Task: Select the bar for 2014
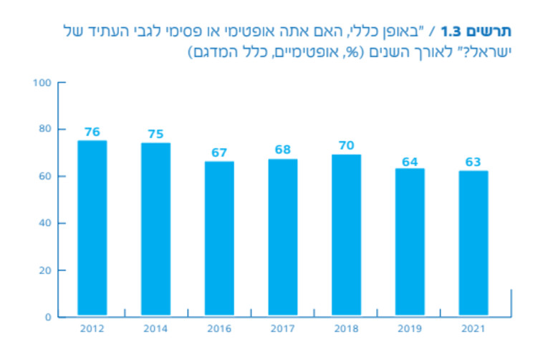point(155,229)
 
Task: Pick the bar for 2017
point(282,237)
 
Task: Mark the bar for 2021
point(473,243)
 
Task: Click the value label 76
point(92,132)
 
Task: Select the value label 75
point(155,134)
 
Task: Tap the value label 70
point(346,145)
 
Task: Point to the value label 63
point(473,162)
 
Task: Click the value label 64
point(410,162)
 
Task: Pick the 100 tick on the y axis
point(42,82)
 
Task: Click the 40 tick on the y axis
point(45,223)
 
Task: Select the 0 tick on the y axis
point(48,317)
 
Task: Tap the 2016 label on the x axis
point(219,329)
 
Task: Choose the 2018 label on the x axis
point(346,329)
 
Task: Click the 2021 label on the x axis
point(473,329)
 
